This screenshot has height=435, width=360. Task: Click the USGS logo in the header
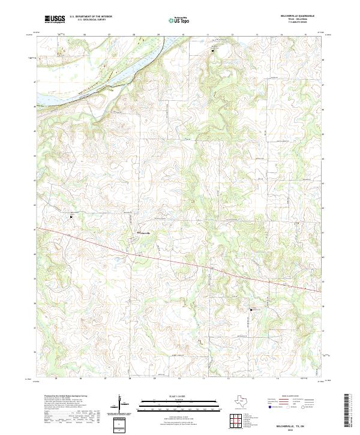(x=55, y=20)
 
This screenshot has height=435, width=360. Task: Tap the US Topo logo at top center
(x=180, y=20)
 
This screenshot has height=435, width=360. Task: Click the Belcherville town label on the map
(x=148, y=233)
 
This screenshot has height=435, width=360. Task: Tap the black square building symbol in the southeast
(x=251, y=310)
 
